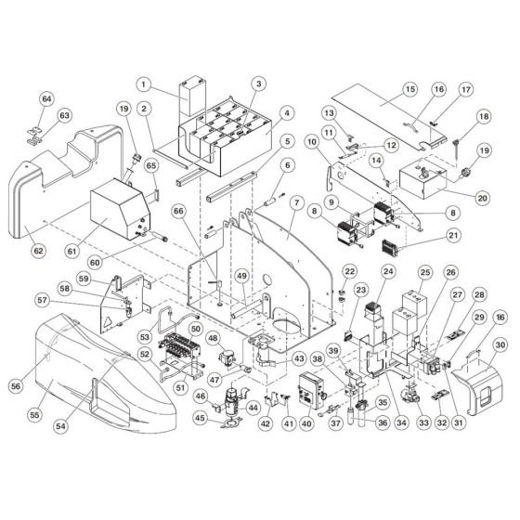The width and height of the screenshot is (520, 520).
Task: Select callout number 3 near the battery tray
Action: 260,84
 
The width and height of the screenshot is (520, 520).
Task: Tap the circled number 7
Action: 295,201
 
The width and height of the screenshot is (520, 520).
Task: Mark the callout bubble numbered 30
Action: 500,344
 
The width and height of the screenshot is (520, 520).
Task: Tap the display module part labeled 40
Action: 308,396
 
